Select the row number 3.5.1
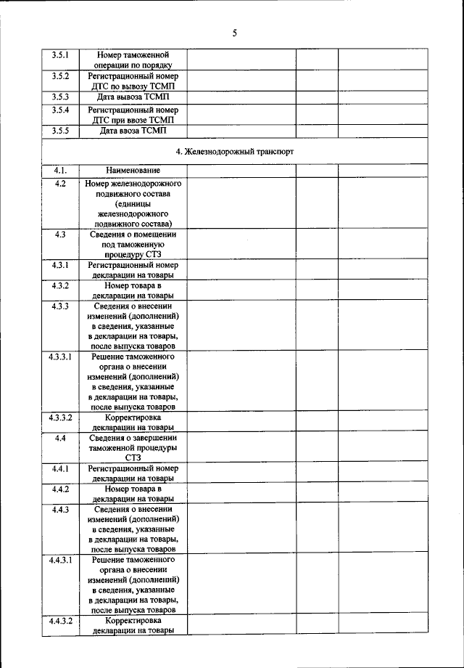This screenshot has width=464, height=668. tap(60, 54)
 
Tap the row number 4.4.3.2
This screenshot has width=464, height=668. tap(60, 622)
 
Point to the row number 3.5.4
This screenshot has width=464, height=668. tap(60, 110)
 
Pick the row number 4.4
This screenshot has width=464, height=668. tap(60, 439)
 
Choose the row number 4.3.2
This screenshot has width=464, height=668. tap(60, 286)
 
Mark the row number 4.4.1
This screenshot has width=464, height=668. tap(60, 469)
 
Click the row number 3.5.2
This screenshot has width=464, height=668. tap(60, 76)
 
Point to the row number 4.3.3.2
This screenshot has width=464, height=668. tap(60, 418)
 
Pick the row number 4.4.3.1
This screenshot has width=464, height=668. tap(60, 561)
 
